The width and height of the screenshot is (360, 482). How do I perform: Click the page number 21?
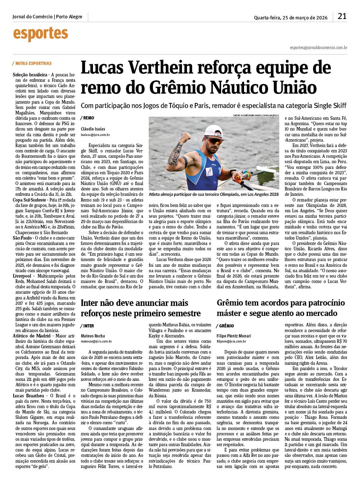coord(342,16)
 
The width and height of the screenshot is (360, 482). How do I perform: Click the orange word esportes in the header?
coord(41,34)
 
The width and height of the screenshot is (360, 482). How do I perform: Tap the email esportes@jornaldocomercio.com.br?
coord(318,47)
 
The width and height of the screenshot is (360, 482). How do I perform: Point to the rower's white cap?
coord(215,131)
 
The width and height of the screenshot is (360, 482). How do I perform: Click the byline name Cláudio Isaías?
coord(93,129)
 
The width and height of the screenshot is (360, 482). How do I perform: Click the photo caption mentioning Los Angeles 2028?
coord(214,194)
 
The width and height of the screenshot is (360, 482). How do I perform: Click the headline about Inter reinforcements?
coord(140,308)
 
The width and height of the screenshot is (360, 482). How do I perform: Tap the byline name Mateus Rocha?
coord(93,336)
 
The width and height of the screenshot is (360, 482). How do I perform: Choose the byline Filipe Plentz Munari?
coord(234,336)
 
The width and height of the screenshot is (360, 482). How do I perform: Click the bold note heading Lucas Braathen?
coord(28,396)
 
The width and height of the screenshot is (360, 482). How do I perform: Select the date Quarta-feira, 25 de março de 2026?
coord(291,18)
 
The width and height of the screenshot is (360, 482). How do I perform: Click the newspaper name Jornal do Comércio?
coord(32,17)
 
